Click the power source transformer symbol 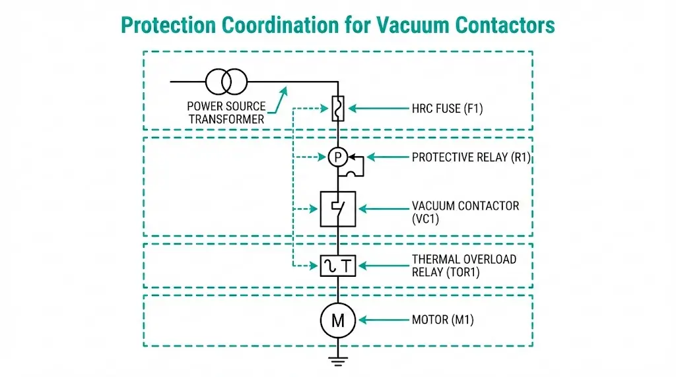226,82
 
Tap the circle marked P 338,157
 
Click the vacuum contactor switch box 338,209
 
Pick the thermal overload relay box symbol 338,266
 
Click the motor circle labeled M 338,321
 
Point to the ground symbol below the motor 338,360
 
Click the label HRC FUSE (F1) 447,109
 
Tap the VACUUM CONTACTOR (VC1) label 465,212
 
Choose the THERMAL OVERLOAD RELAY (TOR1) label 463,266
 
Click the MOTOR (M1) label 442,321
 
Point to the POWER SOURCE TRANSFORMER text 226,112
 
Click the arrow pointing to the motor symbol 384,321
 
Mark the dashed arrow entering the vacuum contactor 305,210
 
